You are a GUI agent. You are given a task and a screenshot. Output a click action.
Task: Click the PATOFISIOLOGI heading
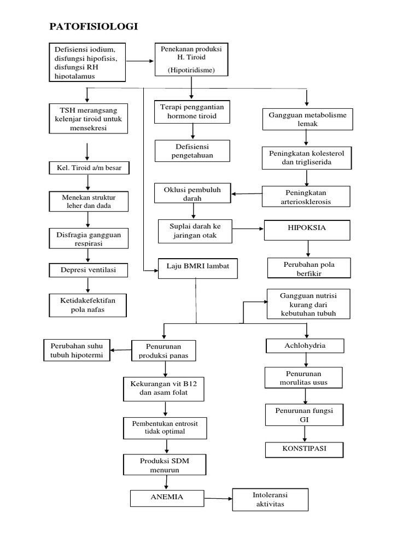point(94,26)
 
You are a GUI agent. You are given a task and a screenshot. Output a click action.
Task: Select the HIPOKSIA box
point(307,230)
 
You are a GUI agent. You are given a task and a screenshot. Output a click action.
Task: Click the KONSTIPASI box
point(305,450)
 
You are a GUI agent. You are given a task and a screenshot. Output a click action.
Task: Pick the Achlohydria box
point(305,346)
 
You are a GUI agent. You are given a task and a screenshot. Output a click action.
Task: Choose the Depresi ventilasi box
point(88,270)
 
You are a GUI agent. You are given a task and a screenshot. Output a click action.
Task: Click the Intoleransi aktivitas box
point(270,499)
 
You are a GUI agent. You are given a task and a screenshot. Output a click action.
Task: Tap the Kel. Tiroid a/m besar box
point(89,168)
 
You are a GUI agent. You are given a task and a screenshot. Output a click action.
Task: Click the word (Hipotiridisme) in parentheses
point(191,71)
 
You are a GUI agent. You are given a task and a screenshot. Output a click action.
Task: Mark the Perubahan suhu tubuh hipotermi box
point(77,351)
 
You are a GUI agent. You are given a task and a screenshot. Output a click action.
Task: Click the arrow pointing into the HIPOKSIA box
point(248,229)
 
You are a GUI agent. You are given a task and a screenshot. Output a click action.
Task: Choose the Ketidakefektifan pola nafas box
point(88,305)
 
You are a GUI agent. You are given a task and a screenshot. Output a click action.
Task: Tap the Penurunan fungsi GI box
point(305,415)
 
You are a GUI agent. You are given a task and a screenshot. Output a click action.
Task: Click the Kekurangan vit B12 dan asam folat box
point(164,389)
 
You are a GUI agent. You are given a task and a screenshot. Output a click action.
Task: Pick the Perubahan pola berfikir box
point(308,269)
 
